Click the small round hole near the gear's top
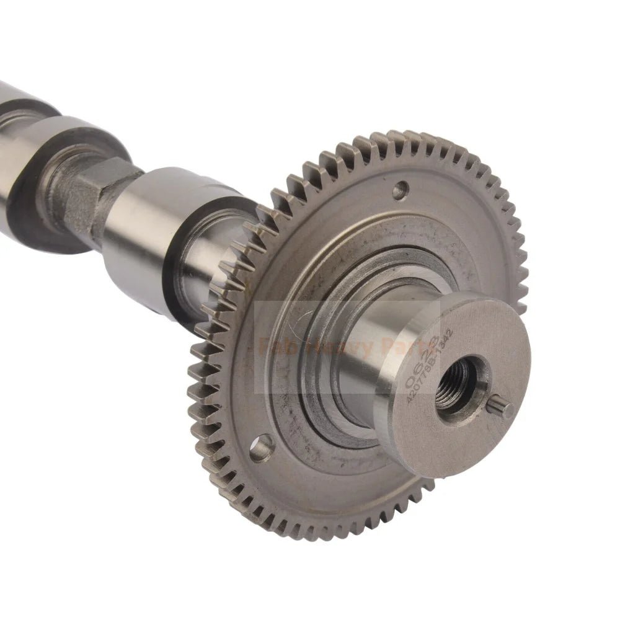[400, 187]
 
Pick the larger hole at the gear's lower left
[261, 447]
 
